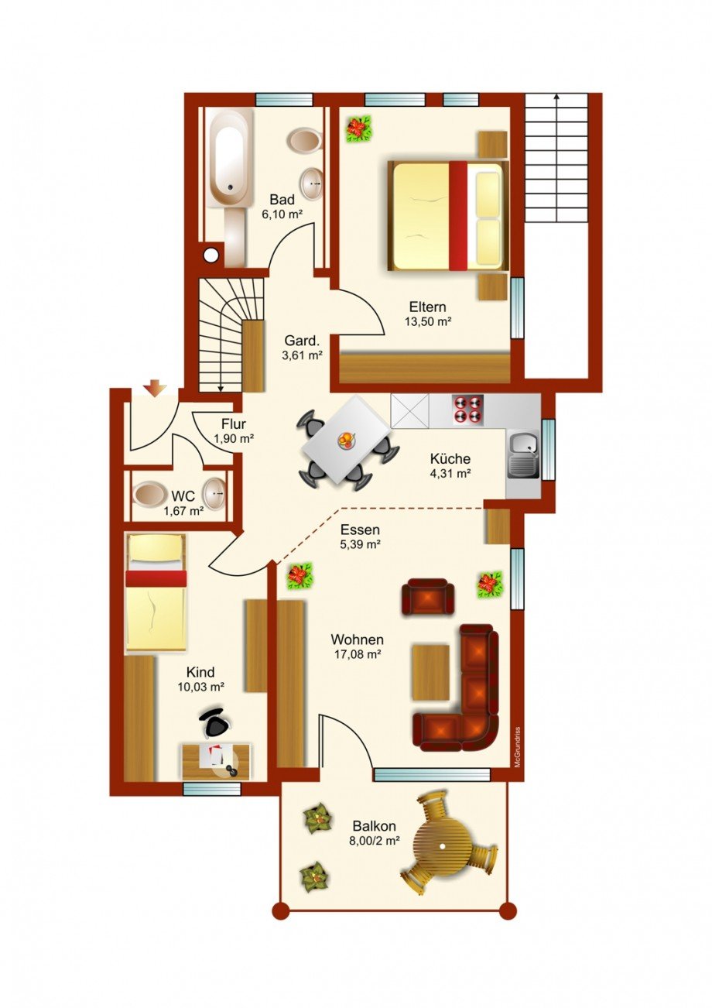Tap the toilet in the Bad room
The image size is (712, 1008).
pos(304,141)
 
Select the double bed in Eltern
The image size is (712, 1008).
pos(448,215)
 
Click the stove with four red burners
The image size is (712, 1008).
pos(467,410)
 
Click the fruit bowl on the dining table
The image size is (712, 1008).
pos(346,441)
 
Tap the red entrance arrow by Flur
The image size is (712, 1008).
pos(155,387)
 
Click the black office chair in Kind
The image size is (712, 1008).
pos(215,723)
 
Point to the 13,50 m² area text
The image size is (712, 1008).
pos(428,321)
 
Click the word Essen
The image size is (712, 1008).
pos(360,530)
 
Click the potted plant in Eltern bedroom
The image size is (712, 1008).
pos(358,129)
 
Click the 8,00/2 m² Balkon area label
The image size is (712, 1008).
pos(372,840)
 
